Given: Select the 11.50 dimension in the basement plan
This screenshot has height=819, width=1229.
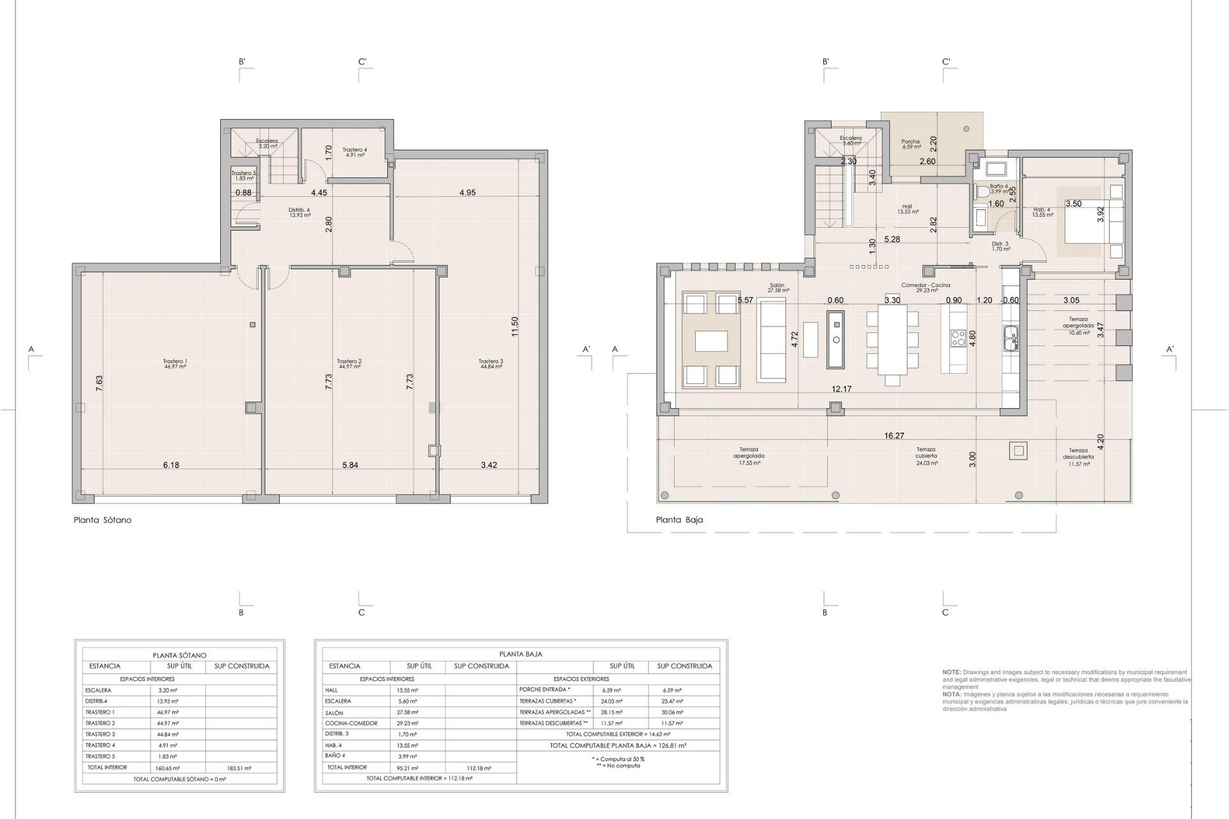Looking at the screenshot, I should (515, 326).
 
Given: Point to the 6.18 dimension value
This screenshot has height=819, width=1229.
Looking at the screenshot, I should (171, 465).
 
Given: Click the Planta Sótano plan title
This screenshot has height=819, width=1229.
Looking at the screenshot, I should (102, 520).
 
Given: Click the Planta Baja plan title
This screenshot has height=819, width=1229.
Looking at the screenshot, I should (679, 520).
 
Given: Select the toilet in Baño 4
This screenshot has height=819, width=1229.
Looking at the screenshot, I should (981, 191).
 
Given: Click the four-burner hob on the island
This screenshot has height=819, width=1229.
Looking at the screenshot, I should (958, 338).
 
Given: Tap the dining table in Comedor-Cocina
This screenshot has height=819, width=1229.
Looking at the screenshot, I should (892, 339).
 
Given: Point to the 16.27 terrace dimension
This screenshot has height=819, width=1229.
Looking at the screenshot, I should (894, 436).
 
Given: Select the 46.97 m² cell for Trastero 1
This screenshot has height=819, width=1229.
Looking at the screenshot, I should (168, 712).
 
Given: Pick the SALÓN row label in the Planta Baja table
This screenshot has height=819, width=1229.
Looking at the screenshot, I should (334, 713).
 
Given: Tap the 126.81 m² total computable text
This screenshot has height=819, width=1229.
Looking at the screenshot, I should (618, 745).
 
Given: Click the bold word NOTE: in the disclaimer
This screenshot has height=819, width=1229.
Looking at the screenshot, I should (951, 672).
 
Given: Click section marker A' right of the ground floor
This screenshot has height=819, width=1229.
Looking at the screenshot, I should (1169, 350).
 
